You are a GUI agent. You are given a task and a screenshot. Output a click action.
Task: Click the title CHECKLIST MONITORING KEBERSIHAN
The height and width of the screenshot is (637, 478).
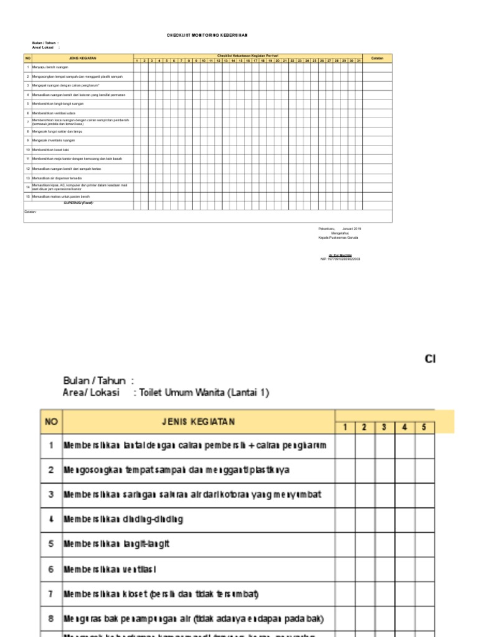(x=211, y=36)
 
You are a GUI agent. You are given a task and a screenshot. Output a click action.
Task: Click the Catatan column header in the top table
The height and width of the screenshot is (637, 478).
(x=377, y=57)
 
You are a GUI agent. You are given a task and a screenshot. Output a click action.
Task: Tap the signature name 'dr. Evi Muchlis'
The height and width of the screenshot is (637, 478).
(x=340, y=255)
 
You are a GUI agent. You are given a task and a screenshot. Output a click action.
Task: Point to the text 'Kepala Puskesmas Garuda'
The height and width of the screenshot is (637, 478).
(x=338, y=238)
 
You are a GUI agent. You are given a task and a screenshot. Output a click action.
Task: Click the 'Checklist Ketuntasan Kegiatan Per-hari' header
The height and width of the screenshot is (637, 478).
(x=248, y=56)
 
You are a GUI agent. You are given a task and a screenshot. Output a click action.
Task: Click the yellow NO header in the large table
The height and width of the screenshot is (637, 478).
(x=51, y=422)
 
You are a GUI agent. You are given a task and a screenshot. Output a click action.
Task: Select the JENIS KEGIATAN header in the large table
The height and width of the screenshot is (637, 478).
(x=199, y=422)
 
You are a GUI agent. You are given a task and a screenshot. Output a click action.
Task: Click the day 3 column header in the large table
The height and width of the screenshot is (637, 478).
(x=385, y=427)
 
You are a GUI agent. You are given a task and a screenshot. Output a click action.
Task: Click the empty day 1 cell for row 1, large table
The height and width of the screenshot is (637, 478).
(x=345, y=445)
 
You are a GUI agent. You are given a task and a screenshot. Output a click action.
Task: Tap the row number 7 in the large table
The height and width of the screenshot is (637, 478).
(x=51, y=593)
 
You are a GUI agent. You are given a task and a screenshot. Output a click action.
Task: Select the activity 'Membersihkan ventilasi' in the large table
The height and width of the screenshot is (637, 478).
(x=110, y=569)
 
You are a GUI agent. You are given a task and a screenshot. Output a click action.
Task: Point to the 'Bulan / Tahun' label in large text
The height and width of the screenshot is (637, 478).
(x=95, y=381)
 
